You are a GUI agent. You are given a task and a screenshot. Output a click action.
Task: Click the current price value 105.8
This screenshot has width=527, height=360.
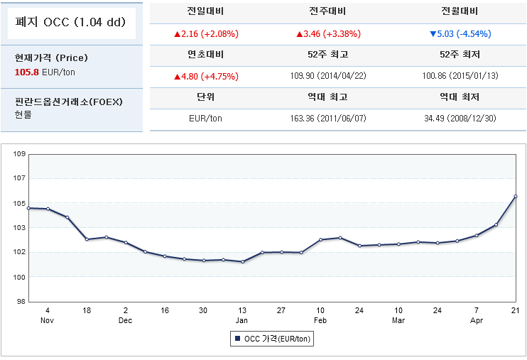[x=27, y=72]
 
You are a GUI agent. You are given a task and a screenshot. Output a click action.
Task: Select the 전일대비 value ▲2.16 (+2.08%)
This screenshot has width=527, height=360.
[x=205, y=33]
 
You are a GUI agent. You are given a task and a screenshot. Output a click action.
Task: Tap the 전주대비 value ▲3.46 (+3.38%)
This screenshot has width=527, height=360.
[x=328, y=33]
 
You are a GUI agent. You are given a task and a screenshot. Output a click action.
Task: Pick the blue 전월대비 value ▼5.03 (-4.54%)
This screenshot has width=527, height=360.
[x=460, y=33]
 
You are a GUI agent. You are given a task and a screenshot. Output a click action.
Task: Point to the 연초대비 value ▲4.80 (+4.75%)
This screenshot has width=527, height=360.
[x=205, y=76]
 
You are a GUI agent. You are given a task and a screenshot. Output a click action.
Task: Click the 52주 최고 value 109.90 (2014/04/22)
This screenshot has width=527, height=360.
[x=328, y=76]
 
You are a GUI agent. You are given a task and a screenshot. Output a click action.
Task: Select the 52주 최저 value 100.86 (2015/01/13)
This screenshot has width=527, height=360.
[x=460, y=76]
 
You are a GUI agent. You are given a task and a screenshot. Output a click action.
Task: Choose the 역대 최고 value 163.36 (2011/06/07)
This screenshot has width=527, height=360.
[x=328, y=119]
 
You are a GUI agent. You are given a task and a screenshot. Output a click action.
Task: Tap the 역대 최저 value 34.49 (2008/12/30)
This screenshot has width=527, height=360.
[x=460, y=119]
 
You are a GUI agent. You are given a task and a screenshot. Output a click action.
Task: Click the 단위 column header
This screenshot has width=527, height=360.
[x=205, y=97]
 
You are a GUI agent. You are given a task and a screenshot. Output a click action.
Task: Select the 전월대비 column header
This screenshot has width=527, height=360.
[x=460, y=12]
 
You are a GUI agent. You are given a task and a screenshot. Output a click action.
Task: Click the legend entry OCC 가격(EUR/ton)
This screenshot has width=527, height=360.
[x=272, y=339]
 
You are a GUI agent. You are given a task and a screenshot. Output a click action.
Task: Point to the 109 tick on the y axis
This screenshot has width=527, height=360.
[x=20, y=154]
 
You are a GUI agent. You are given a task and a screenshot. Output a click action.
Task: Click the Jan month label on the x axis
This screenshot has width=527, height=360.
[x=242, y=320]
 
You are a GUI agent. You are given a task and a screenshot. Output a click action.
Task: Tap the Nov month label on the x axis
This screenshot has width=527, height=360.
[x=47, y=320]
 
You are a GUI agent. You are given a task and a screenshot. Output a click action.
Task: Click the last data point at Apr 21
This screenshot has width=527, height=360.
[x=516, y=196]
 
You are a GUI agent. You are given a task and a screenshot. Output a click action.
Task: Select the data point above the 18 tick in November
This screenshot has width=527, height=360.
[x=87, y=239]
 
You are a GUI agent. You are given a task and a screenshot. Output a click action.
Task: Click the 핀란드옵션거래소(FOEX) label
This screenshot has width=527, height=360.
[x=69, y=102]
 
